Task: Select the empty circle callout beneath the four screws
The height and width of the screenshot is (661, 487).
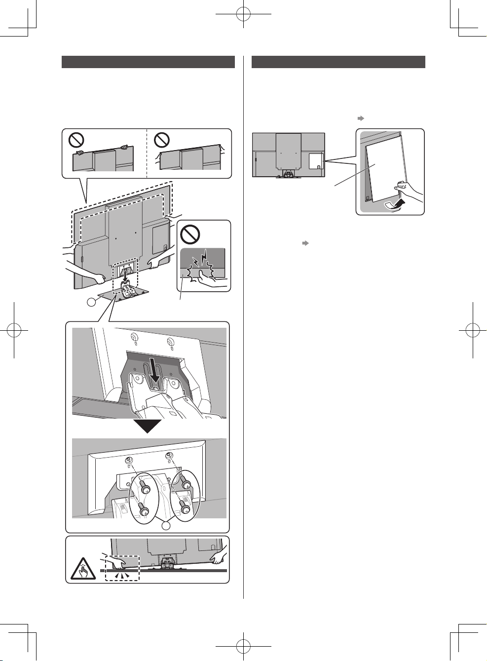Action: click(166, 526)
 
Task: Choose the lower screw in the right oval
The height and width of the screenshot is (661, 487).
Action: click(186, 507)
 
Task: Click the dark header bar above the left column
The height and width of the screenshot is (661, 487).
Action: click(148, 62)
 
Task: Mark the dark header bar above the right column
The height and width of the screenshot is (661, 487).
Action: click(338, 62)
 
